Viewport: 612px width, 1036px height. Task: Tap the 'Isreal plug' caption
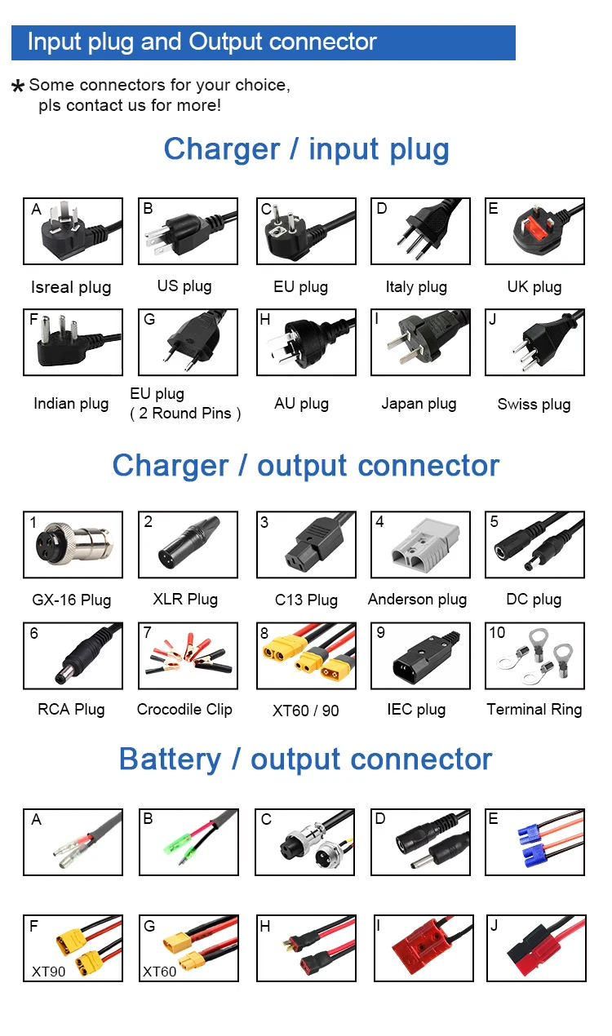(x=71, y=287)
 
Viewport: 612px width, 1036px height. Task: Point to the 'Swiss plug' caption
(x=534, y=404)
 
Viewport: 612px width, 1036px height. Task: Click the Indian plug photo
(x=73, y=342)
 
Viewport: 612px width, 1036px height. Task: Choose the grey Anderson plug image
(x=419, y=545)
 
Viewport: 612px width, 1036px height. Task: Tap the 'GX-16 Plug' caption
(x=72, y=600)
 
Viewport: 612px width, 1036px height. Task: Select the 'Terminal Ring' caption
(x=534, y=710)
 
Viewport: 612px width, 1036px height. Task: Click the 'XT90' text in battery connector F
(x=48, y=972)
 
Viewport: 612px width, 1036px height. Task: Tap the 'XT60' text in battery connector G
(x=159, y=972)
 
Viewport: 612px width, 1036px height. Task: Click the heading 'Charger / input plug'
(x=306, y=149)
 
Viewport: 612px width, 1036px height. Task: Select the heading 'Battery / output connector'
(x=305, y=759)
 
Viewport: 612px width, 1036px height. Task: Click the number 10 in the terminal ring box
(x=497, y=633)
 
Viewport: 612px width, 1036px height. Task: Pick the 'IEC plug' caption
(x=416, y=710)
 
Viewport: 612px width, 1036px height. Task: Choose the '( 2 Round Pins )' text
(x=185, y=414)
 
